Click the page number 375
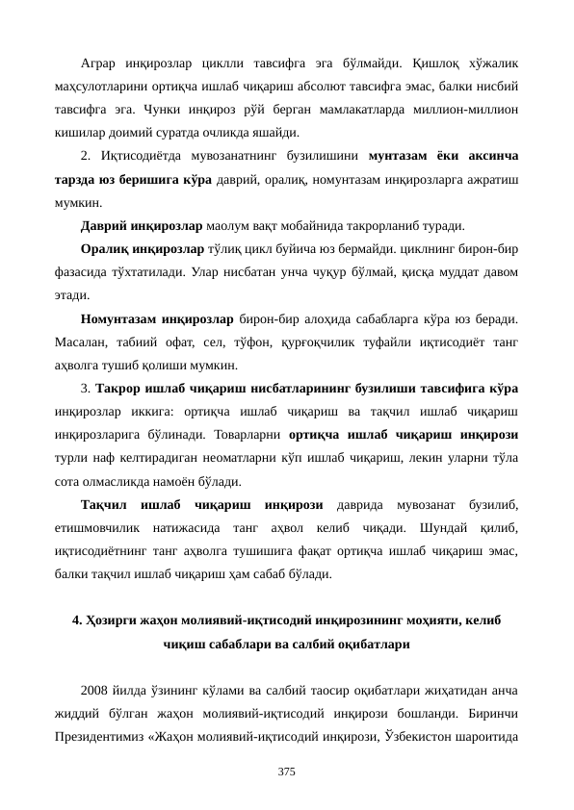point(287,772)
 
